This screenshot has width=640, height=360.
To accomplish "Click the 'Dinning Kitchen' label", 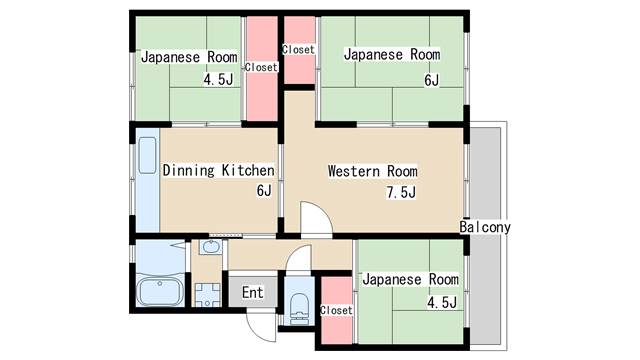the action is point(218,170).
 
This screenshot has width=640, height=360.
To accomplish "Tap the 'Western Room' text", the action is point(373,171).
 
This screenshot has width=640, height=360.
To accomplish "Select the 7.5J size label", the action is point(401,192).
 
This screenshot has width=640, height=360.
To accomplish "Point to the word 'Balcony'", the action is point(485,227).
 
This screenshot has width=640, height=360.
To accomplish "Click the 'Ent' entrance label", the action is point(253,292).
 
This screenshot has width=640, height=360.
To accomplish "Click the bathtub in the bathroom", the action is point(160,291).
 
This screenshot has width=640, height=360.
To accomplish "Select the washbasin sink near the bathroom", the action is point(211,247).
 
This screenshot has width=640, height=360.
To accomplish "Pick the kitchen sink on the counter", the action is point(147,156).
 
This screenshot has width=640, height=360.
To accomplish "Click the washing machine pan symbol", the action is point(207,295).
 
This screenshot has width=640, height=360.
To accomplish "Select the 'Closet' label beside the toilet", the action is point(336,310).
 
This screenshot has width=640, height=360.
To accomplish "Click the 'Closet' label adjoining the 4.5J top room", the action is point(261,67).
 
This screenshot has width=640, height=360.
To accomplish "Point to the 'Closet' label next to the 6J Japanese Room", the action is point(299,49).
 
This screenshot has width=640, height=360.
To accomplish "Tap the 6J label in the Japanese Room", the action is point(431,80).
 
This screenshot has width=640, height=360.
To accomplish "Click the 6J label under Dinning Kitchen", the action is point(264,190).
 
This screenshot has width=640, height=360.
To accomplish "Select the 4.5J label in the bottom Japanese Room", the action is point(442,302).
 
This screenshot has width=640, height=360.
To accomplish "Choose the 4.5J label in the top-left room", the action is point(218,79).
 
